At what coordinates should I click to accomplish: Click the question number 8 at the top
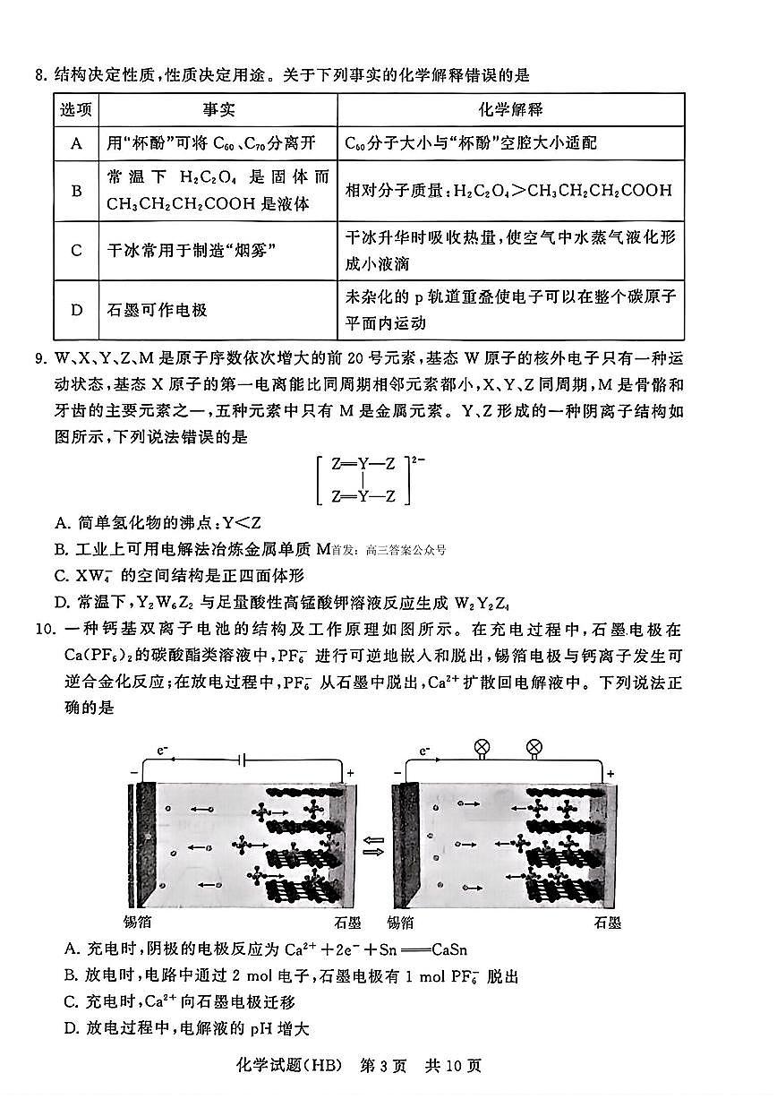click(x=39, y=76)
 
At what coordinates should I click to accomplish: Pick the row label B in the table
click(x=77, y=190)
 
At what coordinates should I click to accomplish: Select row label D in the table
click(x=77, y=310)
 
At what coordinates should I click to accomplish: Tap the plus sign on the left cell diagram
click(x=350, y=772)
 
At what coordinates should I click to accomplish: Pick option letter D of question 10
click(x=72, y=1028)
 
